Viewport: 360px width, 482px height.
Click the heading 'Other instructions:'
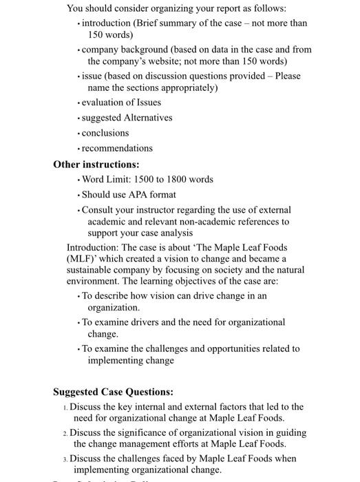point(96,165)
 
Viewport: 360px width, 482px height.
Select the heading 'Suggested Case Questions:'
point(113,392)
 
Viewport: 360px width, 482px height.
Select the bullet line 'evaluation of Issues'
point(121,103)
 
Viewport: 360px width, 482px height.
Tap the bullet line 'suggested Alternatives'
point(127,118)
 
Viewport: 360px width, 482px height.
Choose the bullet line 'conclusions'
point(105,133)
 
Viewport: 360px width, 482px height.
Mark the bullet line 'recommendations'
point(117,148)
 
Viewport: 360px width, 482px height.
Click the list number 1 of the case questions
point(65,408)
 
